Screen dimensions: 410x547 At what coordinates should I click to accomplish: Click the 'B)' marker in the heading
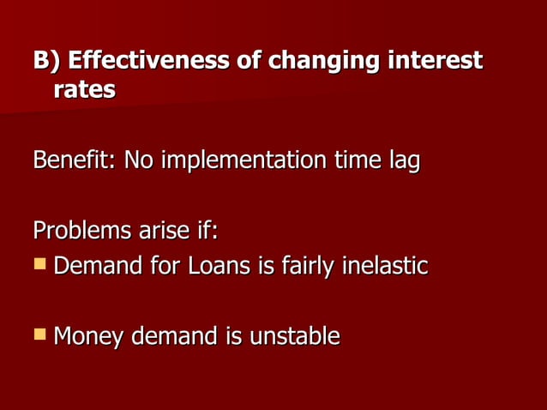coord(46,62)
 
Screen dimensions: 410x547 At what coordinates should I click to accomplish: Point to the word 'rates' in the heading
coord(84,90)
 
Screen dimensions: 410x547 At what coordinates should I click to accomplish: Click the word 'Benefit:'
coord(75,161)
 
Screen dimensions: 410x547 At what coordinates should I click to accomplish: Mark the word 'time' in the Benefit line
coord(353,161)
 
